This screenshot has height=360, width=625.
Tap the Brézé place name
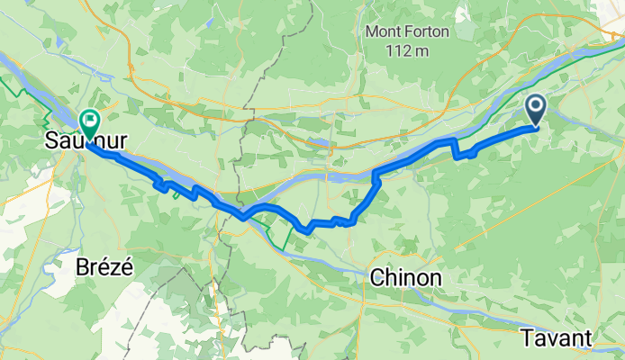(103, 267)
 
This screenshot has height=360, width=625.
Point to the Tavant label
(556, 337)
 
